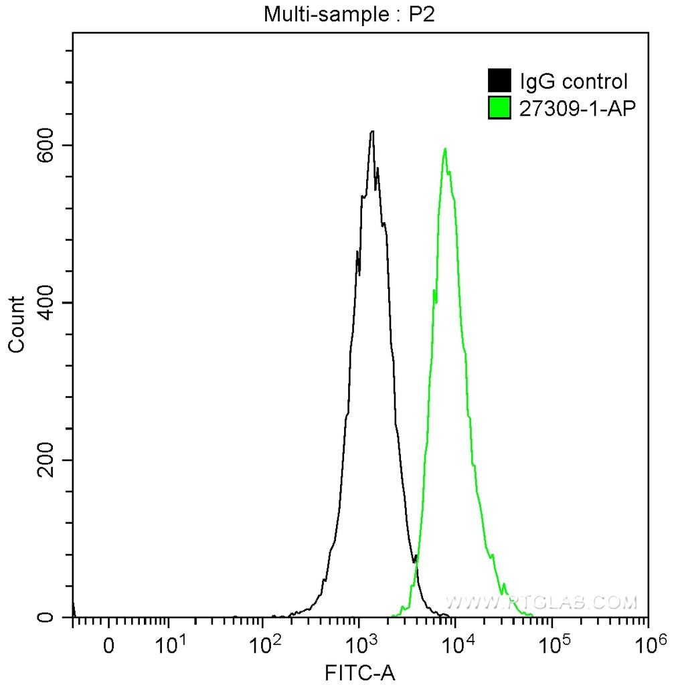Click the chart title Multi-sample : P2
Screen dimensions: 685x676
click(x=349, y=14)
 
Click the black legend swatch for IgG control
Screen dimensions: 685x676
click(x=500, y=81)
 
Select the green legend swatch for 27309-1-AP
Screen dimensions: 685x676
click(x=500, y=107)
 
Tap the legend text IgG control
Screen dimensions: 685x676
click(x=574, y=82)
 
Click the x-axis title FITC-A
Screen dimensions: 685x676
click(x=360, y=672)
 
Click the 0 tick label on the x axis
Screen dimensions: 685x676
click(x=109, y=647)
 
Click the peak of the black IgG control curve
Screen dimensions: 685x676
click(x=372, y=131)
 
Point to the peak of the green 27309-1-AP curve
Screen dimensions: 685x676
click(x=445, y=149)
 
